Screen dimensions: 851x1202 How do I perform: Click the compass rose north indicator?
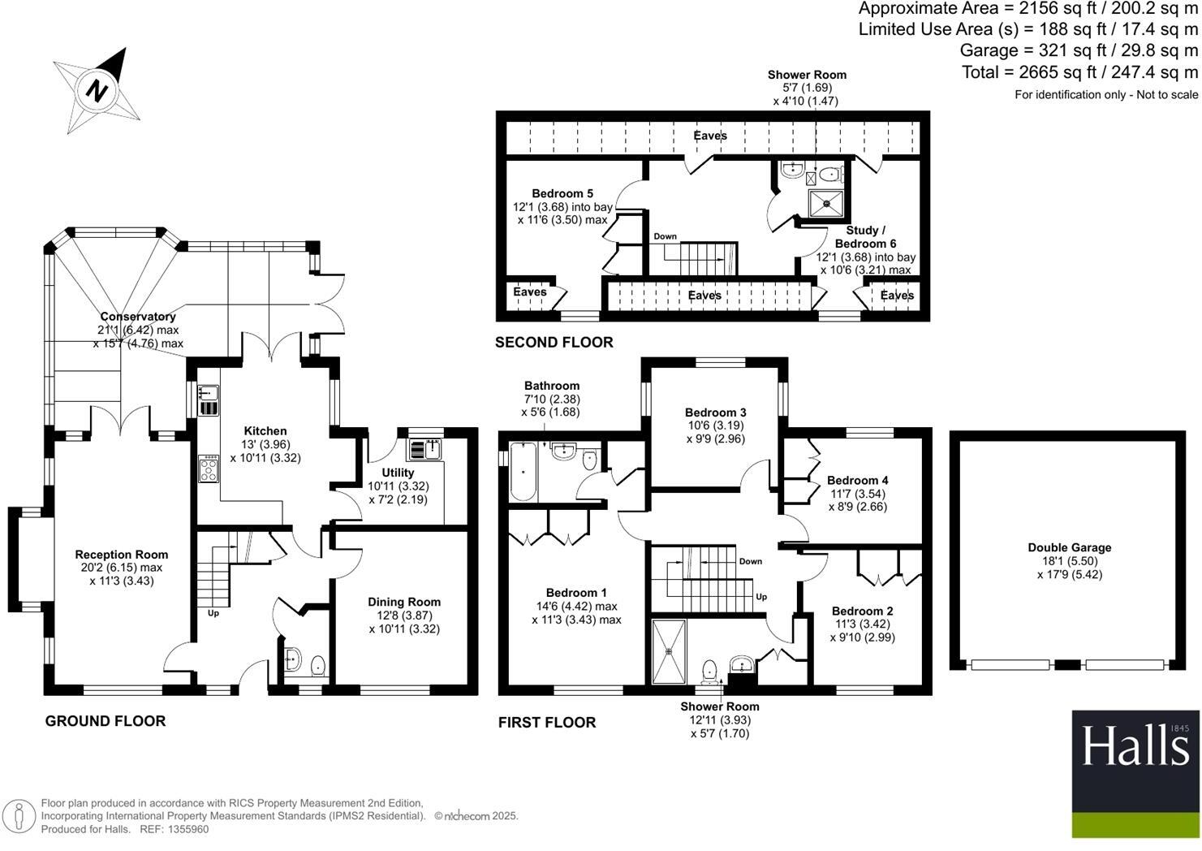coord(97,90)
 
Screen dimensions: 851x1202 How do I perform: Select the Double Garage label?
coord(1069,548)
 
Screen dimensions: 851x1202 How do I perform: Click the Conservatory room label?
coord(138,317)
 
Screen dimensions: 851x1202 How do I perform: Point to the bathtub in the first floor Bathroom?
coord(523,472)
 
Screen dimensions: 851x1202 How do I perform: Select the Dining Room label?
coord(404,602)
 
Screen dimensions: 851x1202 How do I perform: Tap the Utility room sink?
coord(426,449)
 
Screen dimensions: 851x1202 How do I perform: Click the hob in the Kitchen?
coord(209,469)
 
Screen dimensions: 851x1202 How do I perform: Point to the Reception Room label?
coord(122,555)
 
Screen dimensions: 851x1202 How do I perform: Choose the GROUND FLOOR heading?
coord(106,721)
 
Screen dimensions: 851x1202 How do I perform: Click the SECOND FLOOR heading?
coord(554,343)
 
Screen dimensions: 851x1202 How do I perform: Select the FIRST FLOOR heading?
coord(547,723)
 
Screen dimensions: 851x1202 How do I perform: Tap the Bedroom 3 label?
coord(715,413)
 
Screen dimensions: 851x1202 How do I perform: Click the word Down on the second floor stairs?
coord(665,237)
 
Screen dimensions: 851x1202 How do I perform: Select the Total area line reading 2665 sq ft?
coord(1079,72)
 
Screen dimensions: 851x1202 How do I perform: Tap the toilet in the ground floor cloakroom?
coord(318,664)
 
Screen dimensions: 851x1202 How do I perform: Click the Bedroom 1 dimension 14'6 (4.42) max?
coord(576,607)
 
